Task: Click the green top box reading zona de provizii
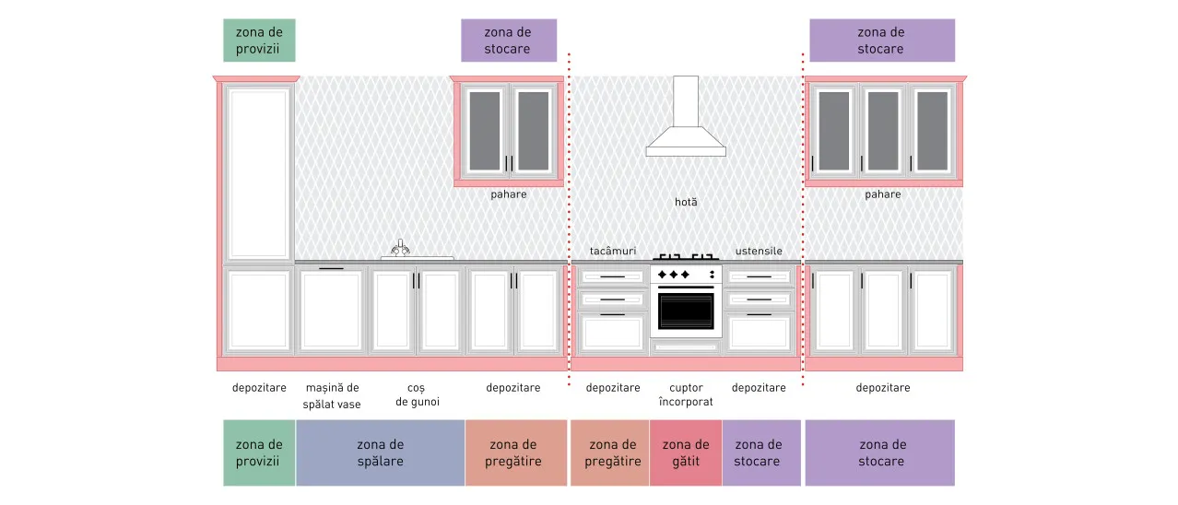click(x=259, y=41)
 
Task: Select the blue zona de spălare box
click(x=380, y=452)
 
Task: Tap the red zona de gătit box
click(x=686, y=452)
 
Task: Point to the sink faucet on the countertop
click(x=400, y=248)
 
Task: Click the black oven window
click(x=686, y=311)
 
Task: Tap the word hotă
click(x=686, y=202)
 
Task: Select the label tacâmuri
click(x=613, y=252)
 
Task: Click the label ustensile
click(x=759, y=252)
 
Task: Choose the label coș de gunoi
click(x=417, y=394)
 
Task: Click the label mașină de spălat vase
click(x=333, y=395)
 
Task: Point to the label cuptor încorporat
click(x=686, y=394)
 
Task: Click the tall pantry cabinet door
click(x=259, y=173)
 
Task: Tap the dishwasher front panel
click(x=331, y=310)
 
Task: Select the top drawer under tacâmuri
click(x=613, y=276)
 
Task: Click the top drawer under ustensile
click(x=759, y=276)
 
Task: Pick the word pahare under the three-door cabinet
click(x=882, y=194)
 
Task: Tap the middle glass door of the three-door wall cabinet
click(x=883, y=131)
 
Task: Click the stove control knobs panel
click(x=686, y=275)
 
